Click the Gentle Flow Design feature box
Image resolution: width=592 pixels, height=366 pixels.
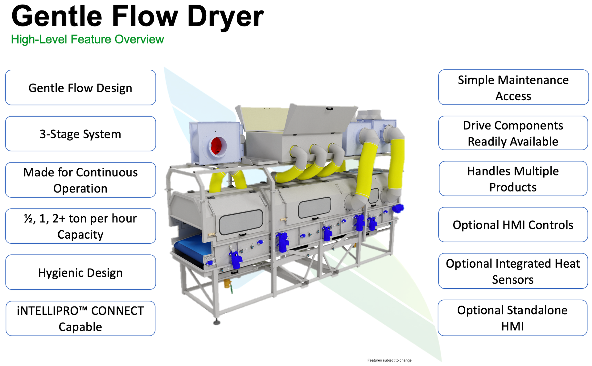[x=80, y=88]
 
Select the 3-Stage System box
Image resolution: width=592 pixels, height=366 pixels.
[x=80, y=134]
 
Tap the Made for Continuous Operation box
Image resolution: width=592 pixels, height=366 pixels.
[x=80, y=180]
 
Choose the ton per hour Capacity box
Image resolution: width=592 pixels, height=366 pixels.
[x=80, y=226]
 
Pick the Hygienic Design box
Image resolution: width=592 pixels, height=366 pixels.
[x=80, y=272]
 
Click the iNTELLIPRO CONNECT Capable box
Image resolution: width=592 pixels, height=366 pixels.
[x=80, y=319]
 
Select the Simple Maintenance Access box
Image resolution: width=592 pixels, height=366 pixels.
[x=513, y=87]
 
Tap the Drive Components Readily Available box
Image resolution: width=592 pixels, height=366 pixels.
[x=513, y=133]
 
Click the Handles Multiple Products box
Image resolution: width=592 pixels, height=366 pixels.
[x=513, y=179]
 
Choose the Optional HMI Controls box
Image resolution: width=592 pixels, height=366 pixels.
[x=513, y=225]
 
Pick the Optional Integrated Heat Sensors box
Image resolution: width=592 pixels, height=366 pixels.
[x=513, y=271]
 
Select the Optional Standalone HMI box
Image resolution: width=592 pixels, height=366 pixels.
[x=512, y=318]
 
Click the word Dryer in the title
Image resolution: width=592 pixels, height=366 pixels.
[x=225, y=17]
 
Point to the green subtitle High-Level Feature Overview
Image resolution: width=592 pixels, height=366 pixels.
[x=87, y=39]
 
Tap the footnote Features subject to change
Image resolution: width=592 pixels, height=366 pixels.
[x=389, y=360]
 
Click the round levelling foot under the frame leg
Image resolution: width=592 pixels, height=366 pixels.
[x=217, y=323]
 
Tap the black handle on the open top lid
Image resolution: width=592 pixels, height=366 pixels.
[x=330, y=109]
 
